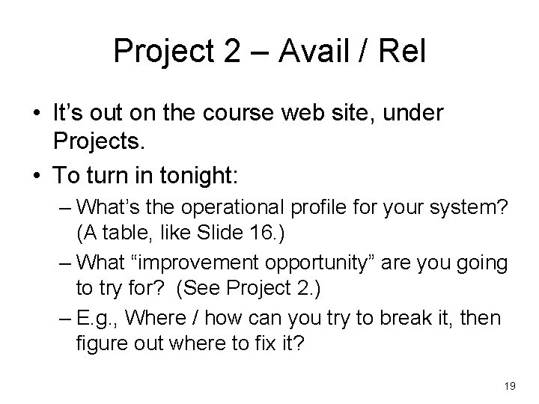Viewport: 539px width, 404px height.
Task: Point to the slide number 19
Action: pos(511,385)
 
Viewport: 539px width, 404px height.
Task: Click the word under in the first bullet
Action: pos(414,114)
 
